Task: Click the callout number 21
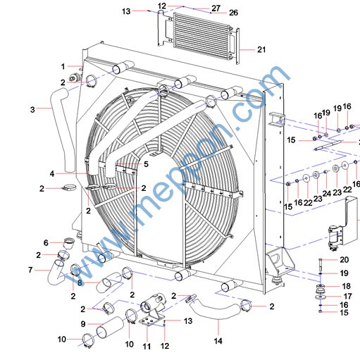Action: (261, 49)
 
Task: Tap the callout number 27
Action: (216, 8)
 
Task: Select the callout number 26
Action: (233, 13)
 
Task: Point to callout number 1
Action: (63, 67)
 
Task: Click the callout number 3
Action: (32, 109)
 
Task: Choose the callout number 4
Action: (52, 174)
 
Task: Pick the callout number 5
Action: (146, 164)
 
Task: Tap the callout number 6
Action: (46, 242)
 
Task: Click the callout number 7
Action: (30, 270)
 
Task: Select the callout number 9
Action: (83, 324)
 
